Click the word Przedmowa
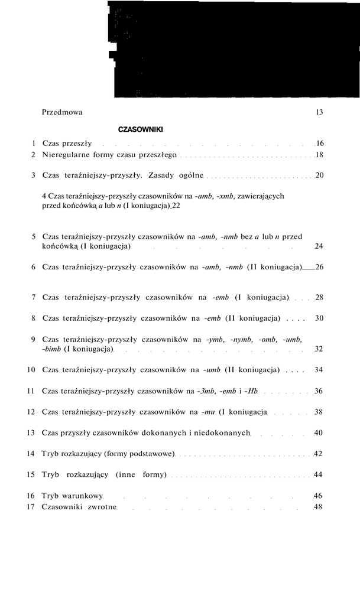point(63,112)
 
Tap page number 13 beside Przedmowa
point(319,112)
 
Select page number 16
point(319,144)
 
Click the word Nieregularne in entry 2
point(66,155)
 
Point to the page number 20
point(319,175)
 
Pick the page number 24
point(319,246)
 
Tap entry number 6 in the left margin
point(33,267)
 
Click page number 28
point(319,297)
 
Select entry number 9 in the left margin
point(33,339)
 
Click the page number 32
point(319,349)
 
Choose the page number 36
point(319,391)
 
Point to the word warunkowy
point(84,496)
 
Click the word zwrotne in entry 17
point(102,507)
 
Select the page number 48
point(319,507)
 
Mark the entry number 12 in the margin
point(31,412)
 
